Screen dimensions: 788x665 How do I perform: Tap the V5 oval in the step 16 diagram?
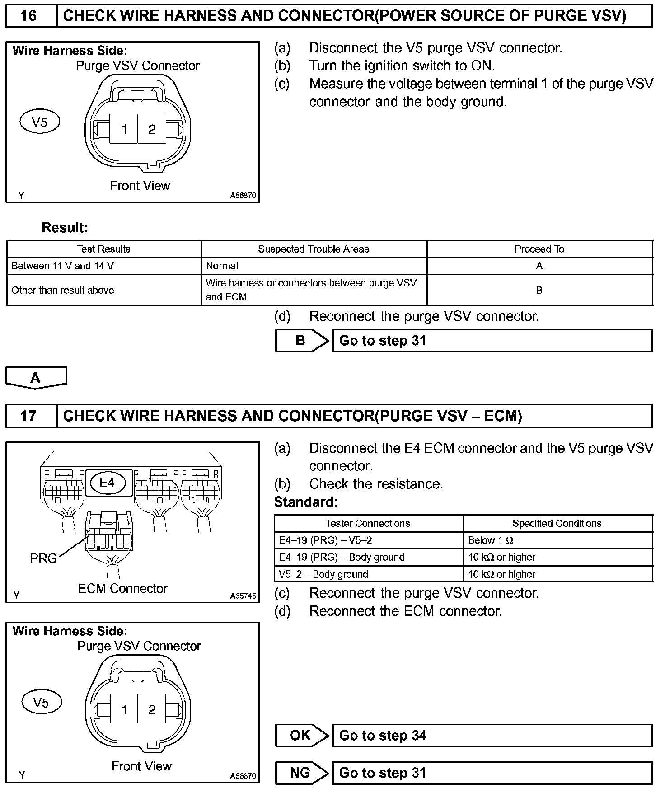[x=40, y=122]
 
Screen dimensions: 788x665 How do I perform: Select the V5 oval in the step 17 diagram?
[x=41, y=703]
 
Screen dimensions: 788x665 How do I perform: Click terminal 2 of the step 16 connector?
[x=152, y=130]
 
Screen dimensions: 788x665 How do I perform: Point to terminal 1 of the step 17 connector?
[x=125, y=710]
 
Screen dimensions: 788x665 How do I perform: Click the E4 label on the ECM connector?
[x=108, y=483]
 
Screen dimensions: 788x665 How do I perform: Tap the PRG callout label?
[x=43, y=558]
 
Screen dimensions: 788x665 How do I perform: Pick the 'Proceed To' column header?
[x=539, y=249]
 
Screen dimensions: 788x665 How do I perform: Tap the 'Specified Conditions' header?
[x=557, y=523]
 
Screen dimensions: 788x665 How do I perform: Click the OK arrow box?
[x=301, y=736]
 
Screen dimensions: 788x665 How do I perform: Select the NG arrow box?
[x=301, y=773]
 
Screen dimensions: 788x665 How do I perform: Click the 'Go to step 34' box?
[x=492, y=736]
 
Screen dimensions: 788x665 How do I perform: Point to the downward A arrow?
[x=36, y=378]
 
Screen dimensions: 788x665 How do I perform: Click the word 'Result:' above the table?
[x=65, y=227]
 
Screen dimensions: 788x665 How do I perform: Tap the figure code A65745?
[x=243, y=596]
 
